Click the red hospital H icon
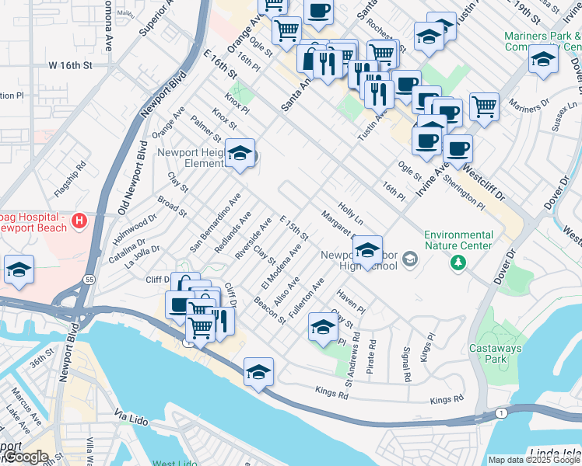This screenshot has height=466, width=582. coord(79,222)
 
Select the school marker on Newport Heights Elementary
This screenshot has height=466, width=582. coord(240,153)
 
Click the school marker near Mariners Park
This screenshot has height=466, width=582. coord(543,58)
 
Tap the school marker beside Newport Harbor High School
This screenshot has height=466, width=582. coord(367,249)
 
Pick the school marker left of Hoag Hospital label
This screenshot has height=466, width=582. coord(19,269)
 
